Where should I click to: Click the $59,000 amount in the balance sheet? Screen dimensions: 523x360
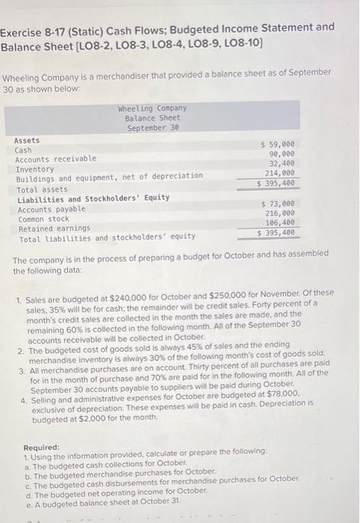[278, 143]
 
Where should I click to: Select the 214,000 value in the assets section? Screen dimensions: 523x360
[280, 172]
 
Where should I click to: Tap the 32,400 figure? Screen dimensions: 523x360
[282, 162]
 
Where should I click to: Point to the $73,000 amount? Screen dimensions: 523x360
[278, 203]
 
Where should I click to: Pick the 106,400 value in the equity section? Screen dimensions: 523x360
[280, 223]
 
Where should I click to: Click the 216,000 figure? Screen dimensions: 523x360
[280, 213]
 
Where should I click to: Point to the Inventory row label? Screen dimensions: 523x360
[35, 168]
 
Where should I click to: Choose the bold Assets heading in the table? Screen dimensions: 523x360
[28, 140]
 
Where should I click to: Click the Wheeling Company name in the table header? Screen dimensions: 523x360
[152, 108]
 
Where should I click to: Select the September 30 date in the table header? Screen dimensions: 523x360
[152, 128]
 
